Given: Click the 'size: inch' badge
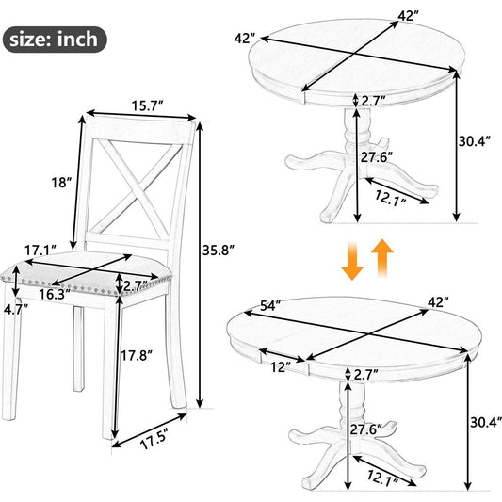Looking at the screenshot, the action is coord(55,40).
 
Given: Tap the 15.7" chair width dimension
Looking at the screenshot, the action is coord(148,105).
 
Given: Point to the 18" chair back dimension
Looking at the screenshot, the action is coord(61,183).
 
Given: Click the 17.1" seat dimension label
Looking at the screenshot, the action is coord(40,250).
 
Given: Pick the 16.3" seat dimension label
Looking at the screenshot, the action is coord(55,294).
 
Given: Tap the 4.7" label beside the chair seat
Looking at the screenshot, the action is coord(16,310).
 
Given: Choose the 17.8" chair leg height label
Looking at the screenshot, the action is coord(137,355).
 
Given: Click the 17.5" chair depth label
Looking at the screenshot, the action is coord(154,439).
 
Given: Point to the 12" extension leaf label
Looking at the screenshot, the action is coord(281,367).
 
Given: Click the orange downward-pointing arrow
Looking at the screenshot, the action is coord(352,261).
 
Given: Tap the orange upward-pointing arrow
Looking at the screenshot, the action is coord(382,258).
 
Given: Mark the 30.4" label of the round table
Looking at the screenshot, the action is coord(475,141).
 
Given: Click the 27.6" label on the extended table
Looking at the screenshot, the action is coord(366,429).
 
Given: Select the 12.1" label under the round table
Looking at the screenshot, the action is coord(391,198).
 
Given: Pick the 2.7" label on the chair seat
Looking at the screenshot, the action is coord(136,286).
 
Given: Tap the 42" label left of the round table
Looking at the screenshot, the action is coord(245,39).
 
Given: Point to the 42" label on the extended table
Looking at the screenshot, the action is coord(438,302).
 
